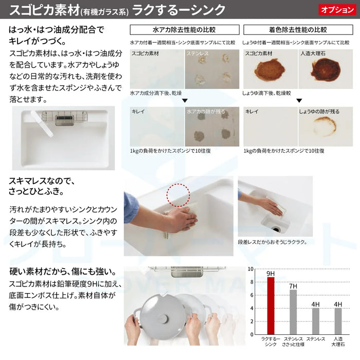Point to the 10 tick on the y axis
(251, 269)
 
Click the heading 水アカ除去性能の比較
(184, 29)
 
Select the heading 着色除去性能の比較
(297, 29)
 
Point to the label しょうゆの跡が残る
(319, 111)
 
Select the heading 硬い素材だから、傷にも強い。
(62, 271)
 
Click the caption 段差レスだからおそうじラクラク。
(273, 242)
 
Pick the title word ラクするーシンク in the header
(178, 9)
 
